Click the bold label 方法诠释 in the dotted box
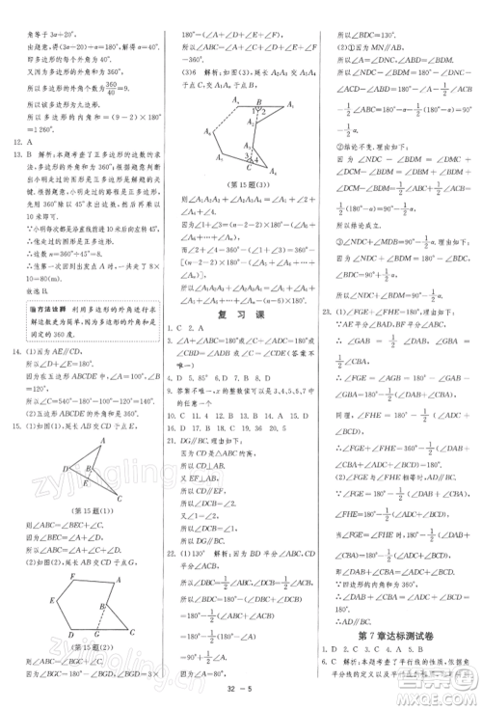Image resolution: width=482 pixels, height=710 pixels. pyautogui.click(x=38, y=306)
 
